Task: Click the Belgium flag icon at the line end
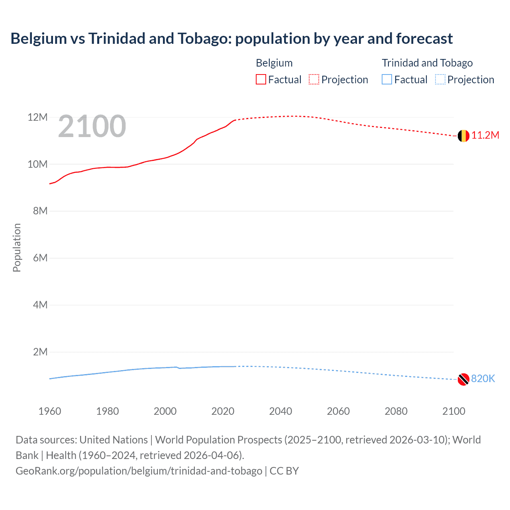463,136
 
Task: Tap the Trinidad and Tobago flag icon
463,379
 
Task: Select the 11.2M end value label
485,135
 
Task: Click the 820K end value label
483,379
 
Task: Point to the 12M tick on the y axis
37,118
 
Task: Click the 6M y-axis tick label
40,258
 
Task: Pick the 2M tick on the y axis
40,352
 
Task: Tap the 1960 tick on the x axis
50,411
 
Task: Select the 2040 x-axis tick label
280,411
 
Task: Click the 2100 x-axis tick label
453,411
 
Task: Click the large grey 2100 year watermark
92,127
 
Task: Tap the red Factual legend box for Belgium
261,80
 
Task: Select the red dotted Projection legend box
314,80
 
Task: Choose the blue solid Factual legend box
387,80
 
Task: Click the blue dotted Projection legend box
440,80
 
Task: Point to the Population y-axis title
17,247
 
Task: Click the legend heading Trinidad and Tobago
427,63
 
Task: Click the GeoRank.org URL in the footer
139,471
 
